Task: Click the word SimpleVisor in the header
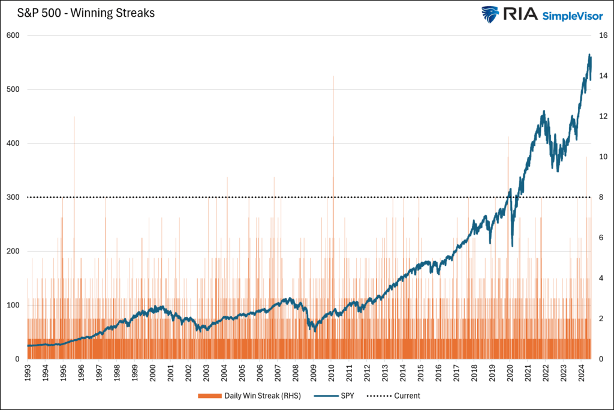pyautogui.click(x=573, y=15)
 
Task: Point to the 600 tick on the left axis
pyautogui.click(x=14, y=35)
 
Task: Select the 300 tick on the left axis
pyautogui.click(x=14, y=197)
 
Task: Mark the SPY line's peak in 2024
pyautogui.click(x=589, y=55)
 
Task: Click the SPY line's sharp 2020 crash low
pyautogui.click(x=512, y=245)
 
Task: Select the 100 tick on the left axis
pyautogui.click(x=14, y=306)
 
